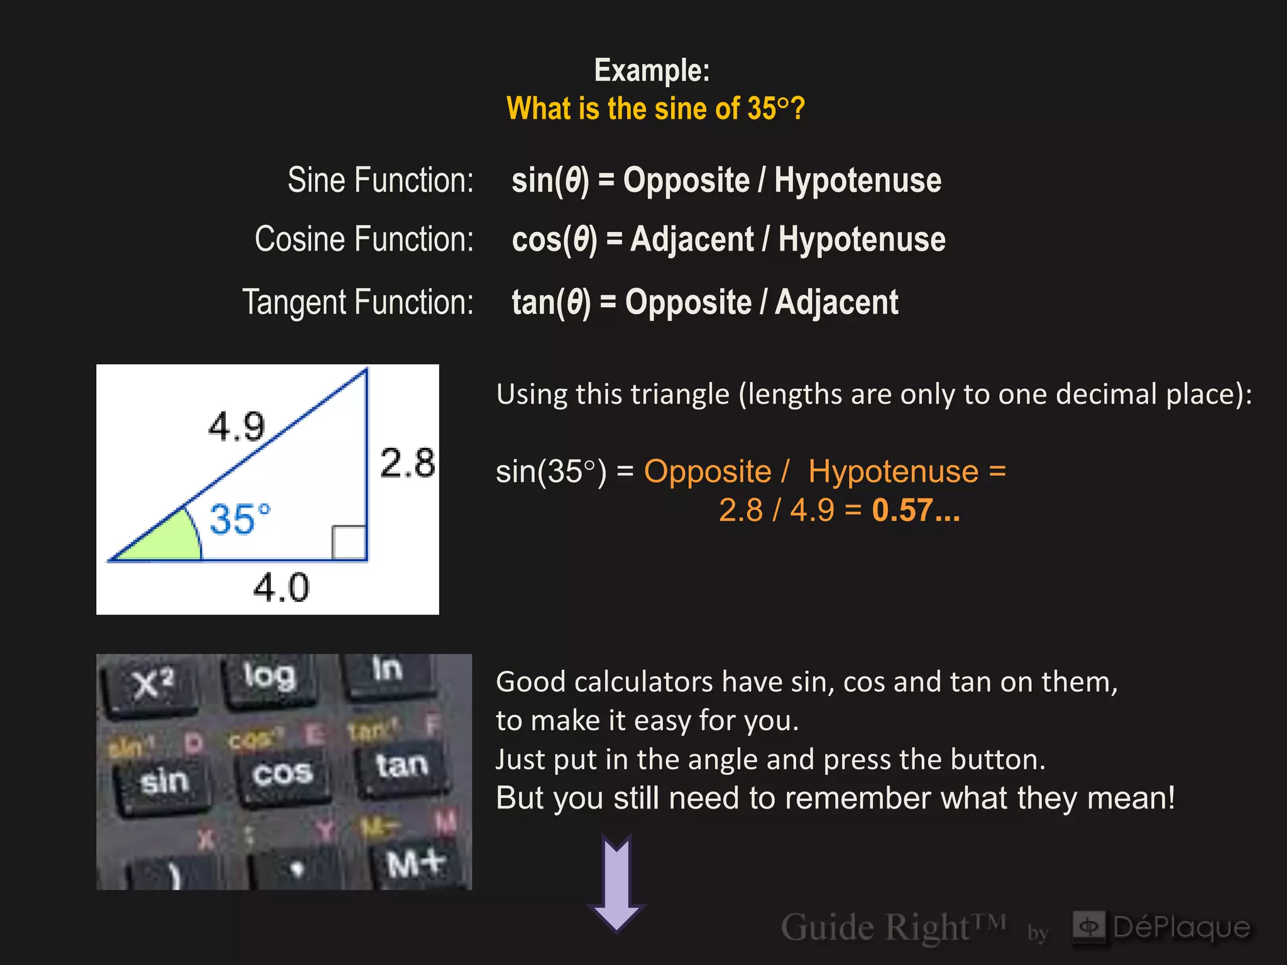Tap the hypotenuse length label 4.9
coord(236,427)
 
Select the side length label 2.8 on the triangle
coord(407,464)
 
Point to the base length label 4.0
coord(281,588)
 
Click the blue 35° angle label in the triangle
coord(239,519)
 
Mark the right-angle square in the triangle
coord(349,542)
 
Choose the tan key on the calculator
coord(402,766)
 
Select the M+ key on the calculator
coord(416,864)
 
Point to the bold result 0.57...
coord(915,510)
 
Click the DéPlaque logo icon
coord(1088,926)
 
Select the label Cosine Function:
coord(364,239)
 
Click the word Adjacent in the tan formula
coord(836,302)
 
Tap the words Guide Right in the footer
coord(875,927)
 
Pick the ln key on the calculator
coord(386,670)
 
